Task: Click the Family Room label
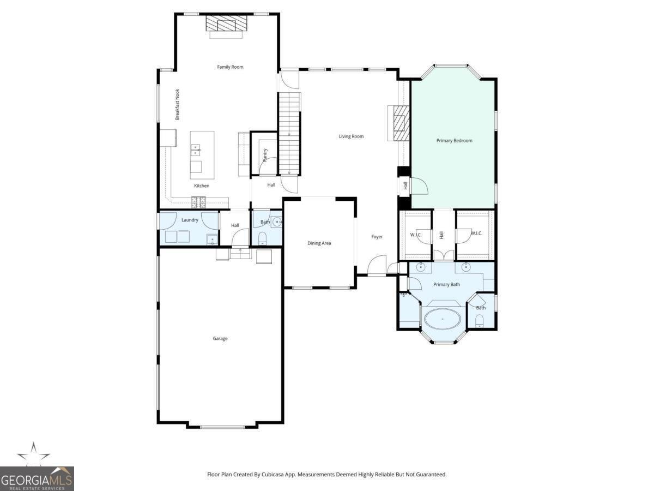pos(230,67)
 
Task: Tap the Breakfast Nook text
pos(177,104)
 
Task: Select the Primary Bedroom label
pos(454,140)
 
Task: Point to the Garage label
pos(220,338)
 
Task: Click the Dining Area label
pos(319,243)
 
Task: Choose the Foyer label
pos(377,237)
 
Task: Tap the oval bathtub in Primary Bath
pos(443,319)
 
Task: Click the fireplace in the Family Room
pos(226,23)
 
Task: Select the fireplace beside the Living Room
pos(401,123)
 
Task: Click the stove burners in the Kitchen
pos(198,202)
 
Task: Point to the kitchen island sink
pos(196,150)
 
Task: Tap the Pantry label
pos(265,155)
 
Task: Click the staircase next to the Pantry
pos(289,134)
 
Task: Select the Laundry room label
pos(190,220)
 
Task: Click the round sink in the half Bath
pos(277,222)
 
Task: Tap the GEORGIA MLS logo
pos(37,479)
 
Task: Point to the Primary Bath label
pos(446,284)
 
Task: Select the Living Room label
pos(351,136)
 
